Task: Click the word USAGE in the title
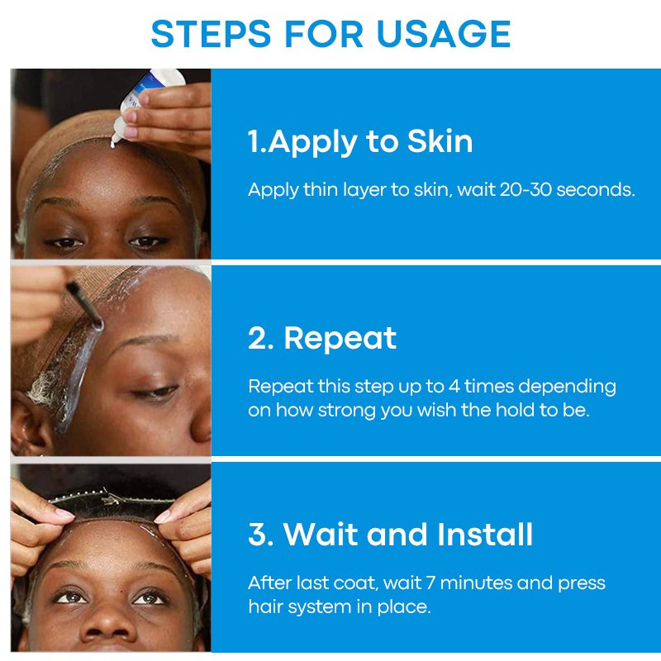click(x=444, y=33)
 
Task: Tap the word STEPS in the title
click(x=211, y=33)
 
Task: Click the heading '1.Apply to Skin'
click(x=360, y=142)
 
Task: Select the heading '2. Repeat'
click(x=322, y=338)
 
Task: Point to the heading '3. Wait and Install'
click(x=390, y=534)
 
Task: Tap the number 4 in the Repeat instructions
click(x=454, y=386)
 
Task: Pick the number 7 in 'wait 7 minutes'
click(x=430, y=583)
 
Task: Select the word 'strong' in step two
click(x=346, y=411)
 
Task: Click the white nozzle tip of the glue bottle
click(x=114, y=141)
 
